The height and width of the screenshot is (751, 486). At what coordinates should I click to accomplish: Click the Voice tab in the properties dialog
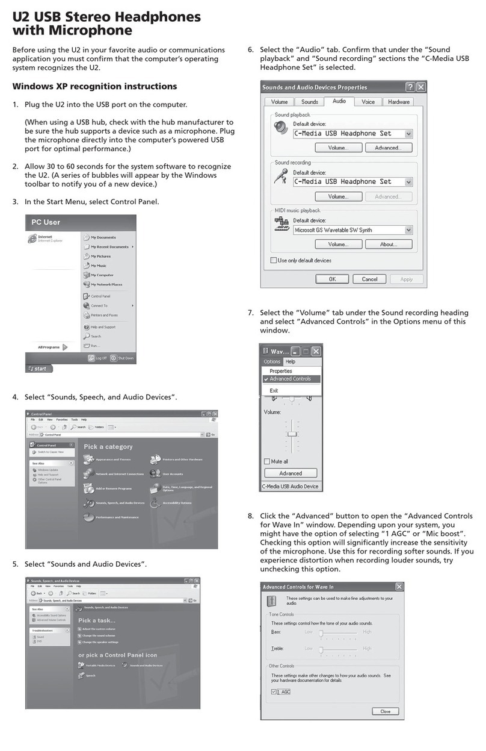(368, 102)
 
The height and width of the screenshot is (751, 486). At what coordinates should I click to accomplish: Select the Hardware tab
(398, 102)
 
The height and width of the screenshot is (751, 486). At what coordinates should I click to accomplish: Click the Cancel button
(370, 279)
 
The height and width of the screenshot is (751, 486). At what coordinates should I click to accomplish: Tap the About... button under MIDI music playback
(389, 245)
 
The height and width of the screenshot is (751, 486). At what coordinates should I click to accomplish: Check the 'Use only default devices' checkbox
(274, 261)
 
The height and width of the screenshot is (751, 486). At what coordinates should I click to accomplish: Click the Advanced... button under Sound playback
(389, 148)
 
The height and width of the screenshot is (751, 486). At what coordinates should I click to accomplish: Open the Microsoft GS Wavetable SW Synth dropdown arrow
(408, 230)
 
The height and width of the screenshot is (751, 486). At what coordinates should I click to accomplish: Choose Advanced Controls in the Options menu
(290, 379)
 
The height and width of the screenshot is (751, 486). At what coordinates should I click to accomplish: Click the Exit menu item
(274, 390)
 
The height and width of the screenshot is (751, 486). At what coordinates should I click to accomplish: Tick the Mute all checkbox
(268, 461)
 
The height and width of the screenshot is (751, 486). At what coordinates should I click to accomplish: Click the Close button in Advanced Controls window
(385, 711)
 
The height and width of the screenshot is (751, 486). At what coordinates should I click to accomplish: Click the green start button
(39, 369)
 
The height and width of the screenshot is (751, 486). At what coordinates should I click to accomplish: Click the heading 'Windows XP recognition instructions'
(94, 87)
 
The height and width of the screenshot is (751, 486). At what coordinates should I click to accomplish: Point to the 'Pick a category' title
(108, 447)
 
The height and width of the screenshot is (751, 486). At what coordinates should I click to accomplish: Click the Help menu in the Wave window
(291, 362)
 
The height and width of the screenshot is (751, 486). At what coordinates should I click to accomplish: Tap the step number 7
(251, 313)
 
